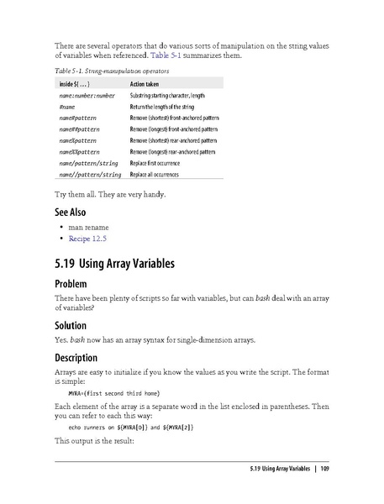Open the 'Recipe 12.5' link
91,239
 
